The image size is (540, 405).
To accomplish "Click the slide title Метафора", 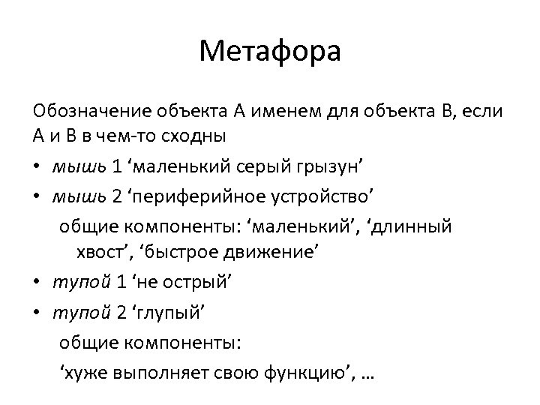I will coord(270,52).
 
